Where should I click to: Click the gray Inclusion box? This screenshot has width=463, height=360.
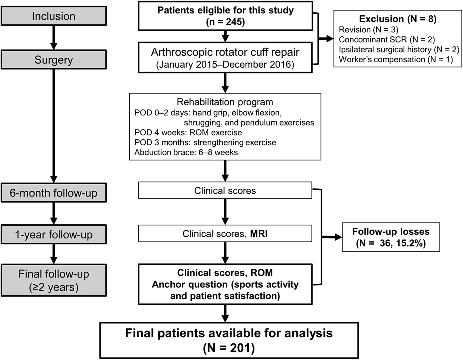click(54, 16)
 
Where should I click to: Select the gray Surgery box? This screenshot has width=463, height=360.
click(54, 60)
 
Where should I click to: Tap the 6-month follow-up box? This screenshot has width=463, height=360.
click(54, 193)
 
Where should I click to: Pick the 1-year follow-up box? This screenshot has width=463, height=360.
click(54, 234)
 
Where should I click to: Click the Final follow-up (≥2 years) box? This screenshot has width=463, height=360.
click(54, 280)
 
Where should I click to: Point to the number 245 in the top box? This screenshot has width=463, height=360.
click(234, 22)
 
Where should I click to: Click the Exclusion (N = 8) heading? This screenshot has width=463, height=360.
click(398, 19)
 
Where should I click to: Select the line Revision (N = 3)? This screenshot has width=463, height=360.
click(368, 30)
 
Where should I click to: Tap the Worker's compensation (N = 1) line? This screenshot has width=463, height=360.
click(396, 59)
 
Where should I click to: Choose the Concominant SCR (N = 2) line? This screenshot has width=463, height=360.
click(387, 40)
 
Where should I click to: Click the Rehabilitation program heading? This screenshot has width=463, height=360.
click(225, 102)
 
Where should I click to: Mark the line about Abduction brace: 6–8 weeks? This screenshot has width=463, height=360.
click(186, 153)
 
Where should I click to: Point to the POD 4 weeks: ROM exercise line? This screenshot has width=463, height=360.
click(188, 133)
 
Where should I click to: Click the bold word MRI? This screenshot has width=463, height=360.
click(259, 234)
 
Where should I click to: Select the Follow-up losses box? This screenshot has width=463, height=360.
click(391, 237)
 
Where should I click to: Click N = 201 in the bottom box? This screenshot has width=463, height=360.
click(229, 349)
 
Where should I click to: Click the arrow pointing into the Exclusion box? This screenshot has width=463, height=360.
click(326, 39)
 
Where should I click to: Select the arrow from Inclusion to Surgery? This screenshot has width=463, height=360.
click(54, 38)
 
